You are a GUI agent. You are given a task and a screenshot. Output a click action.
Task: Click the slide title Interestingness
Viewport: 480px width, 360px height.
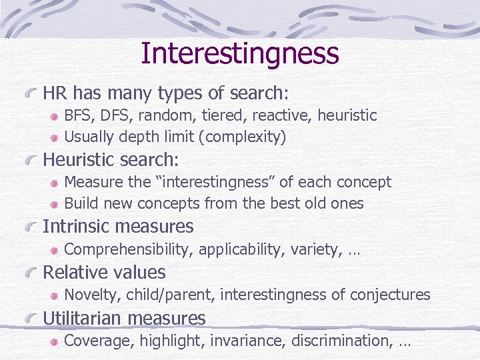point(240,53)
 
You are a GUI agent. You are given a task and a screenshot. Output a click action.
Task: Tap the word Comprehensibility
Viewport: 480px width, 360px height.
point(128,250)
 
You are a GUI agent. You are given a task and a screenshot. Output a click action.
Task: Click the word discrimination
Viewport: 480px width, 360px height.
point(335,341)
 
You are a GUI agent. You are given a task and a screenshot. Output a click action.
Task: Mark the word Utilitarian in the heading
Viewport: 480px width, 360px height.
point(83,319)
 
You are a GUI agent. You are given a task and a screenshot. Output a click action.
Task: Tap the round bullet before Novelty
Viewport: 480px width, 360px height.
point(55,295)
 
